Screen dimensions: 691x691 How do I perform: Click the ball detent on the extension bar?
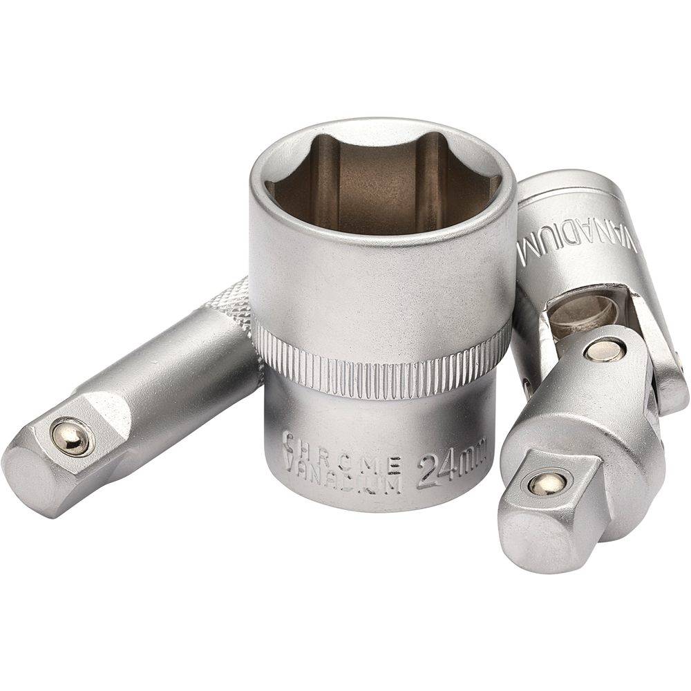pyautogui.click(x=72, y=436)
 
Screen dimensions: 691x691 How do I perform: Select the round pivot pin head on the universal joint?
pyautogui.click(x=603, y=350)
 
